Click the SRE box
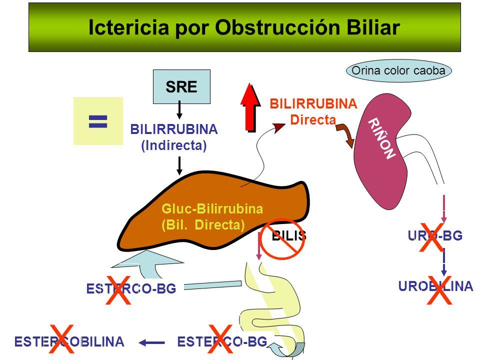click(x=181, y=86)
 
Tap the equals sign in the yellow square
click(x=98, y=121)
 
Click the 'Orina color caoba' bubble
click(x=398, y=70)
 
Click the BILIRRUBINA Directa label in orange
click(x=313, y=111)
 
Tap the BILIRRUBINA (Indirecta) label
click(x=173, y=137)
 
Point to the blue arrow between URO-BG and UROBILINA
click(x=443, y=262)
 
